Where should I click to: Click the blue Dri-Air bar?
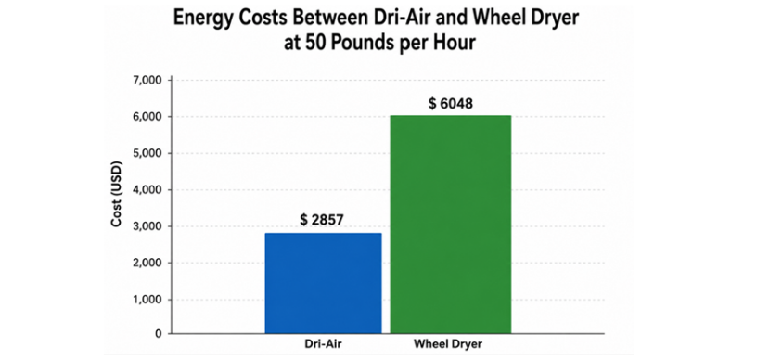click(323, 284)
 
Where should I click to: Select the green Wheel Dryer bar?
click(451, 225)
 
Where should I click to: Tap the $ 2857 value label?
click(323, 220)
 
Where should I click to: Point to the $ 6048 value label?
click(451, 104)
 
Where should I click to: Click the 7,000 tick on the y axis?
click(147, 80)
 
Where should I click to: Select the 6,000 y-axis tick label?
click(147, 117)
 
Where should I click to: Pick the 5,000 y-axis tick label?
click(147, 153)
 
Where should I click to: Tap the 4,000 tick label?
click(147, 190)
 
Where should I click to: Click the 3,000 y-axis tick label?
click(147, 226)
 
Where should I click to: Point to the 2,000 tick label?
click(147, 263)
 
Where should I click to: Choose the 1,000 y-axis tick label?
click(147, 300)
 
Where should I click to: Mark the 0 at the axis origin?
click(159, 334)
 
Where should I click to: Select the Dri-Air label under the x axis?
click(323, 344)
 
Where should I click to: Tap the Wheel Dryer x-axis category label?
click(448, 344)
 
